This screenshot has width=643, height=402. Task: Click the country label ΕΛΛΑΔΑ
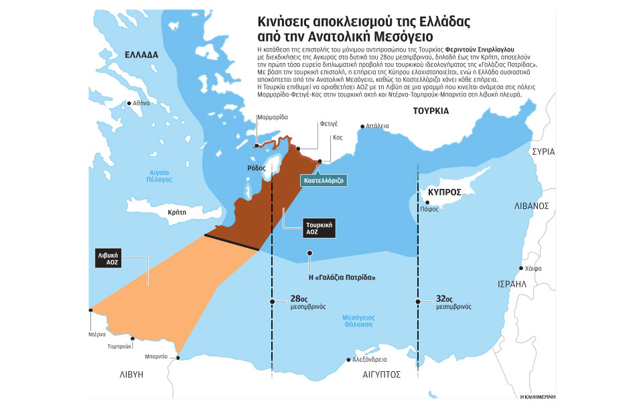point(141,54)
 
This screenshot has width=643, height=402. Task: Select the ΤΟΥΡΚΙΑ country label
point(430,111)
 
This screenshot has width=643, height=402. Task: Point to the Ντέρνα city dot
point(90,310)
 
